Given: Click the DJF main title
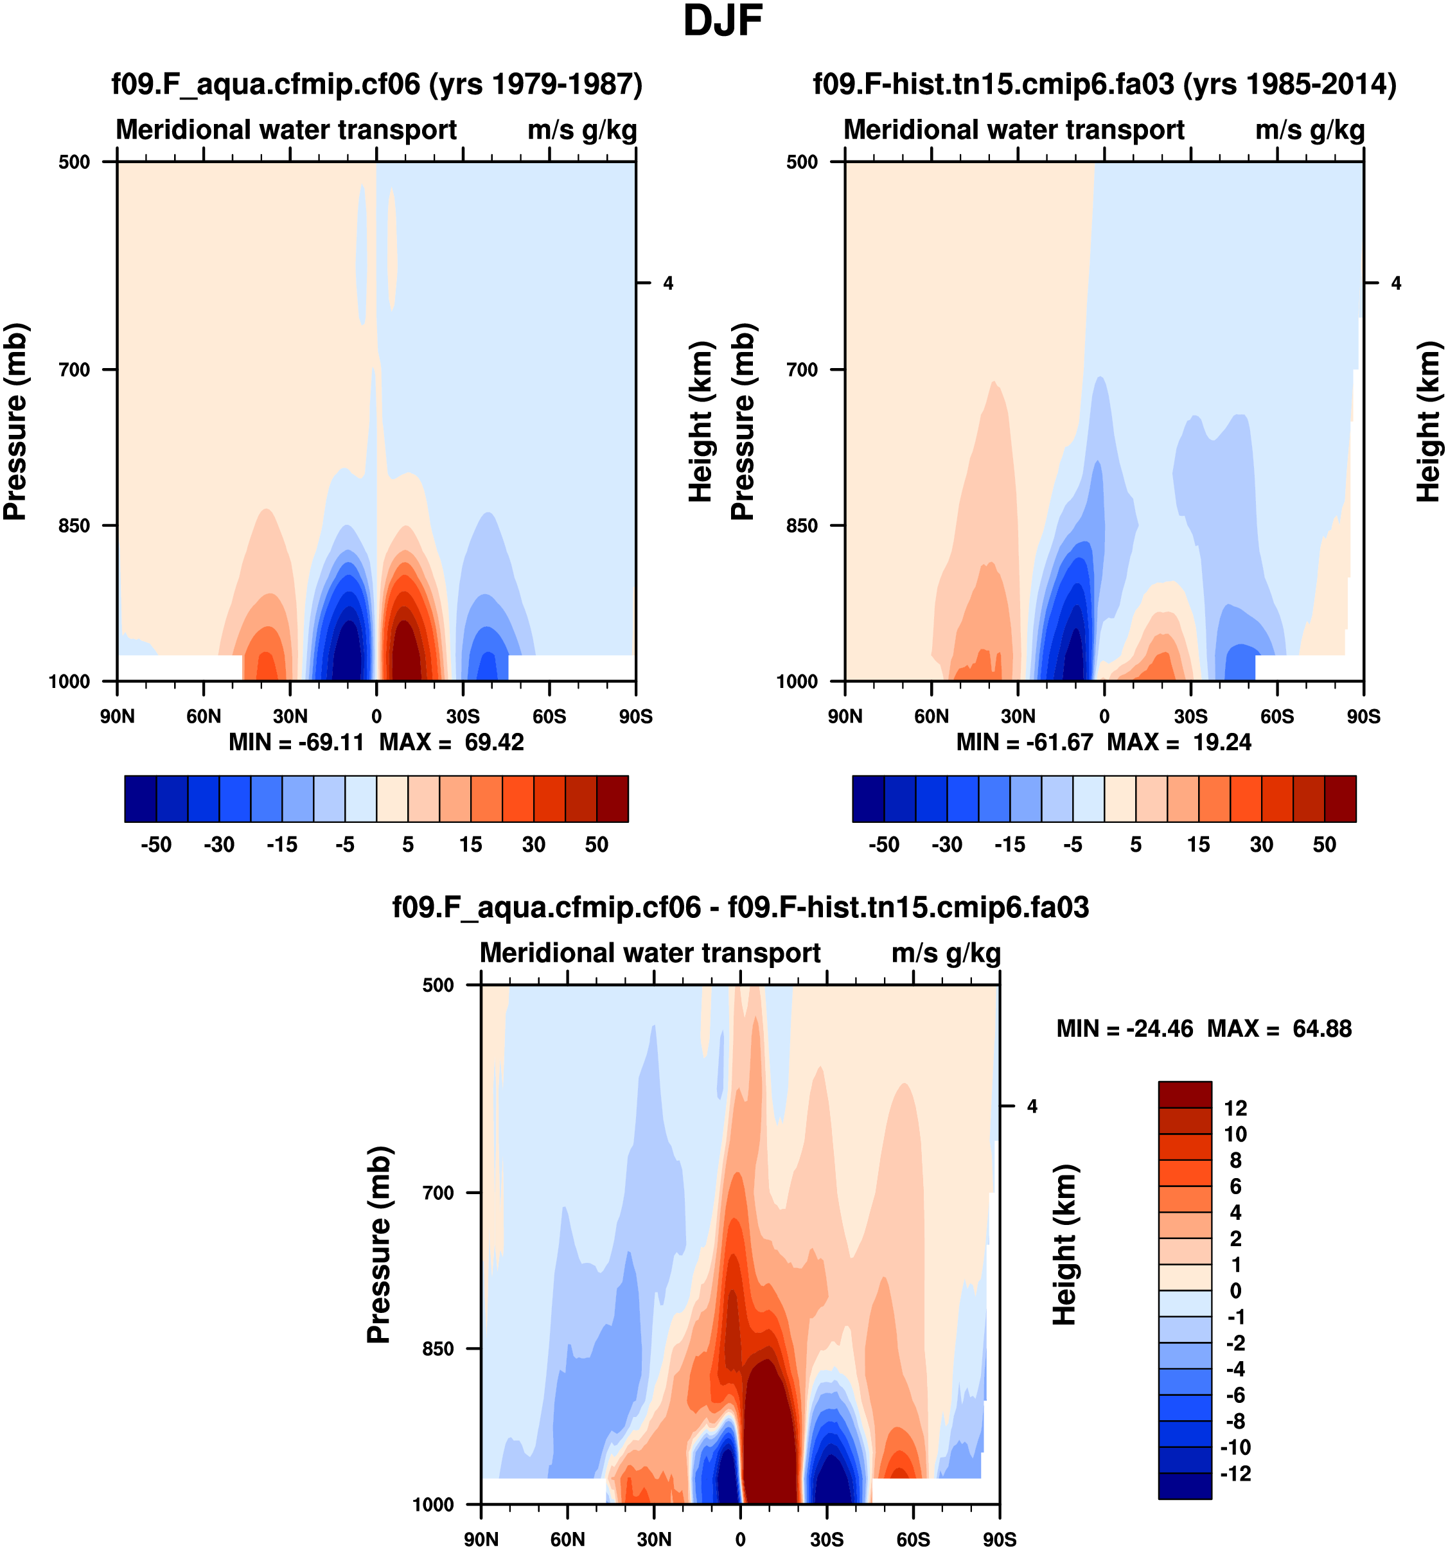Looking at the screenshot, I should coord(722,22).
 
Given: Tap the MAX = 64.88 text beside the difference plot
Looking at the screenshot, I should coord(1279,1028).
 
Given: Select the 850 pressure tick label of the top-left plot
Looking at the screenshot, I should coord(75,525).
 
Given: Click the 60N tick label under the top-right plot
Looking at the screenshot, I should coord(931,716).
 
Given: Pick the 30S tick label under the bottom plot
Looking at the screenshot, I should coord(827,1539).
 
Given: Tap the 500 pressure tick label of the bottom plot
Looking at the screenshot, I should coord(438,985).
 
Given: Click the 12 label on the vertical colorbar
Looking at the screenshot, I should coord(1235,1108).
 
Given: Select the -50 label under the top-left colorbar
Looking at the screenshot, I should coord(156,845).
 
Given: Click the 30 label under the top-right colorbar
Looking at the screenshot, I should coord(1262,845).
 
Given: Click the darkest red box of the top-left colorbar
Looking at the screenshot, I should coord(612,798).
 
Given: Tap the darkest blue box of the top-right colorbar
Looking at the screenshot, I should coord(868,798).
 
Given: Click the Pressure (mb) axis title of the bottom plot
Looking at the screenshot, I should coord(378,1244).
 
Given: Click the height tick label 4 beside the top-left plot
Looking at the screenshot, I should coord(668,283).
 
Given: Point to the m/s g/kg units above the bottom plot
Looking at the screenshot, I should coord(945,953).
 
